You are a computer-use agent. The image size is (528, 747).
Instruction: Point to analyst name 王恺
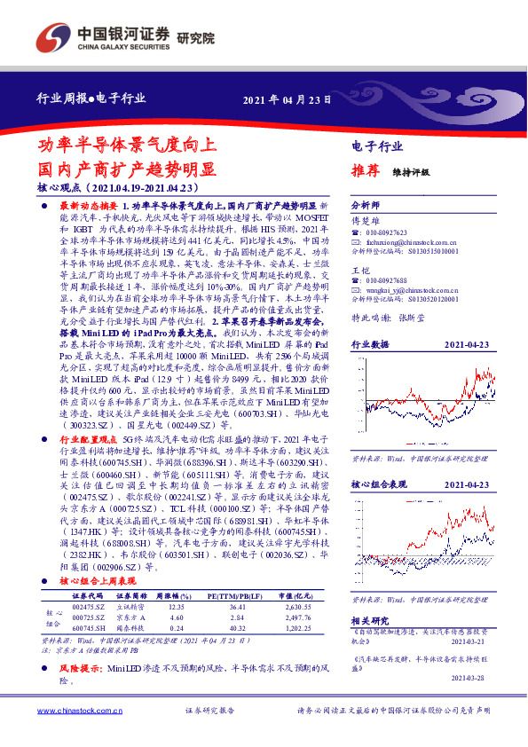coord(359,269)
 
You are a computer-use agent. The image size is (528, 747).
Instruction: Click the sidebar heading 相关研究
coord(370,620)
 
